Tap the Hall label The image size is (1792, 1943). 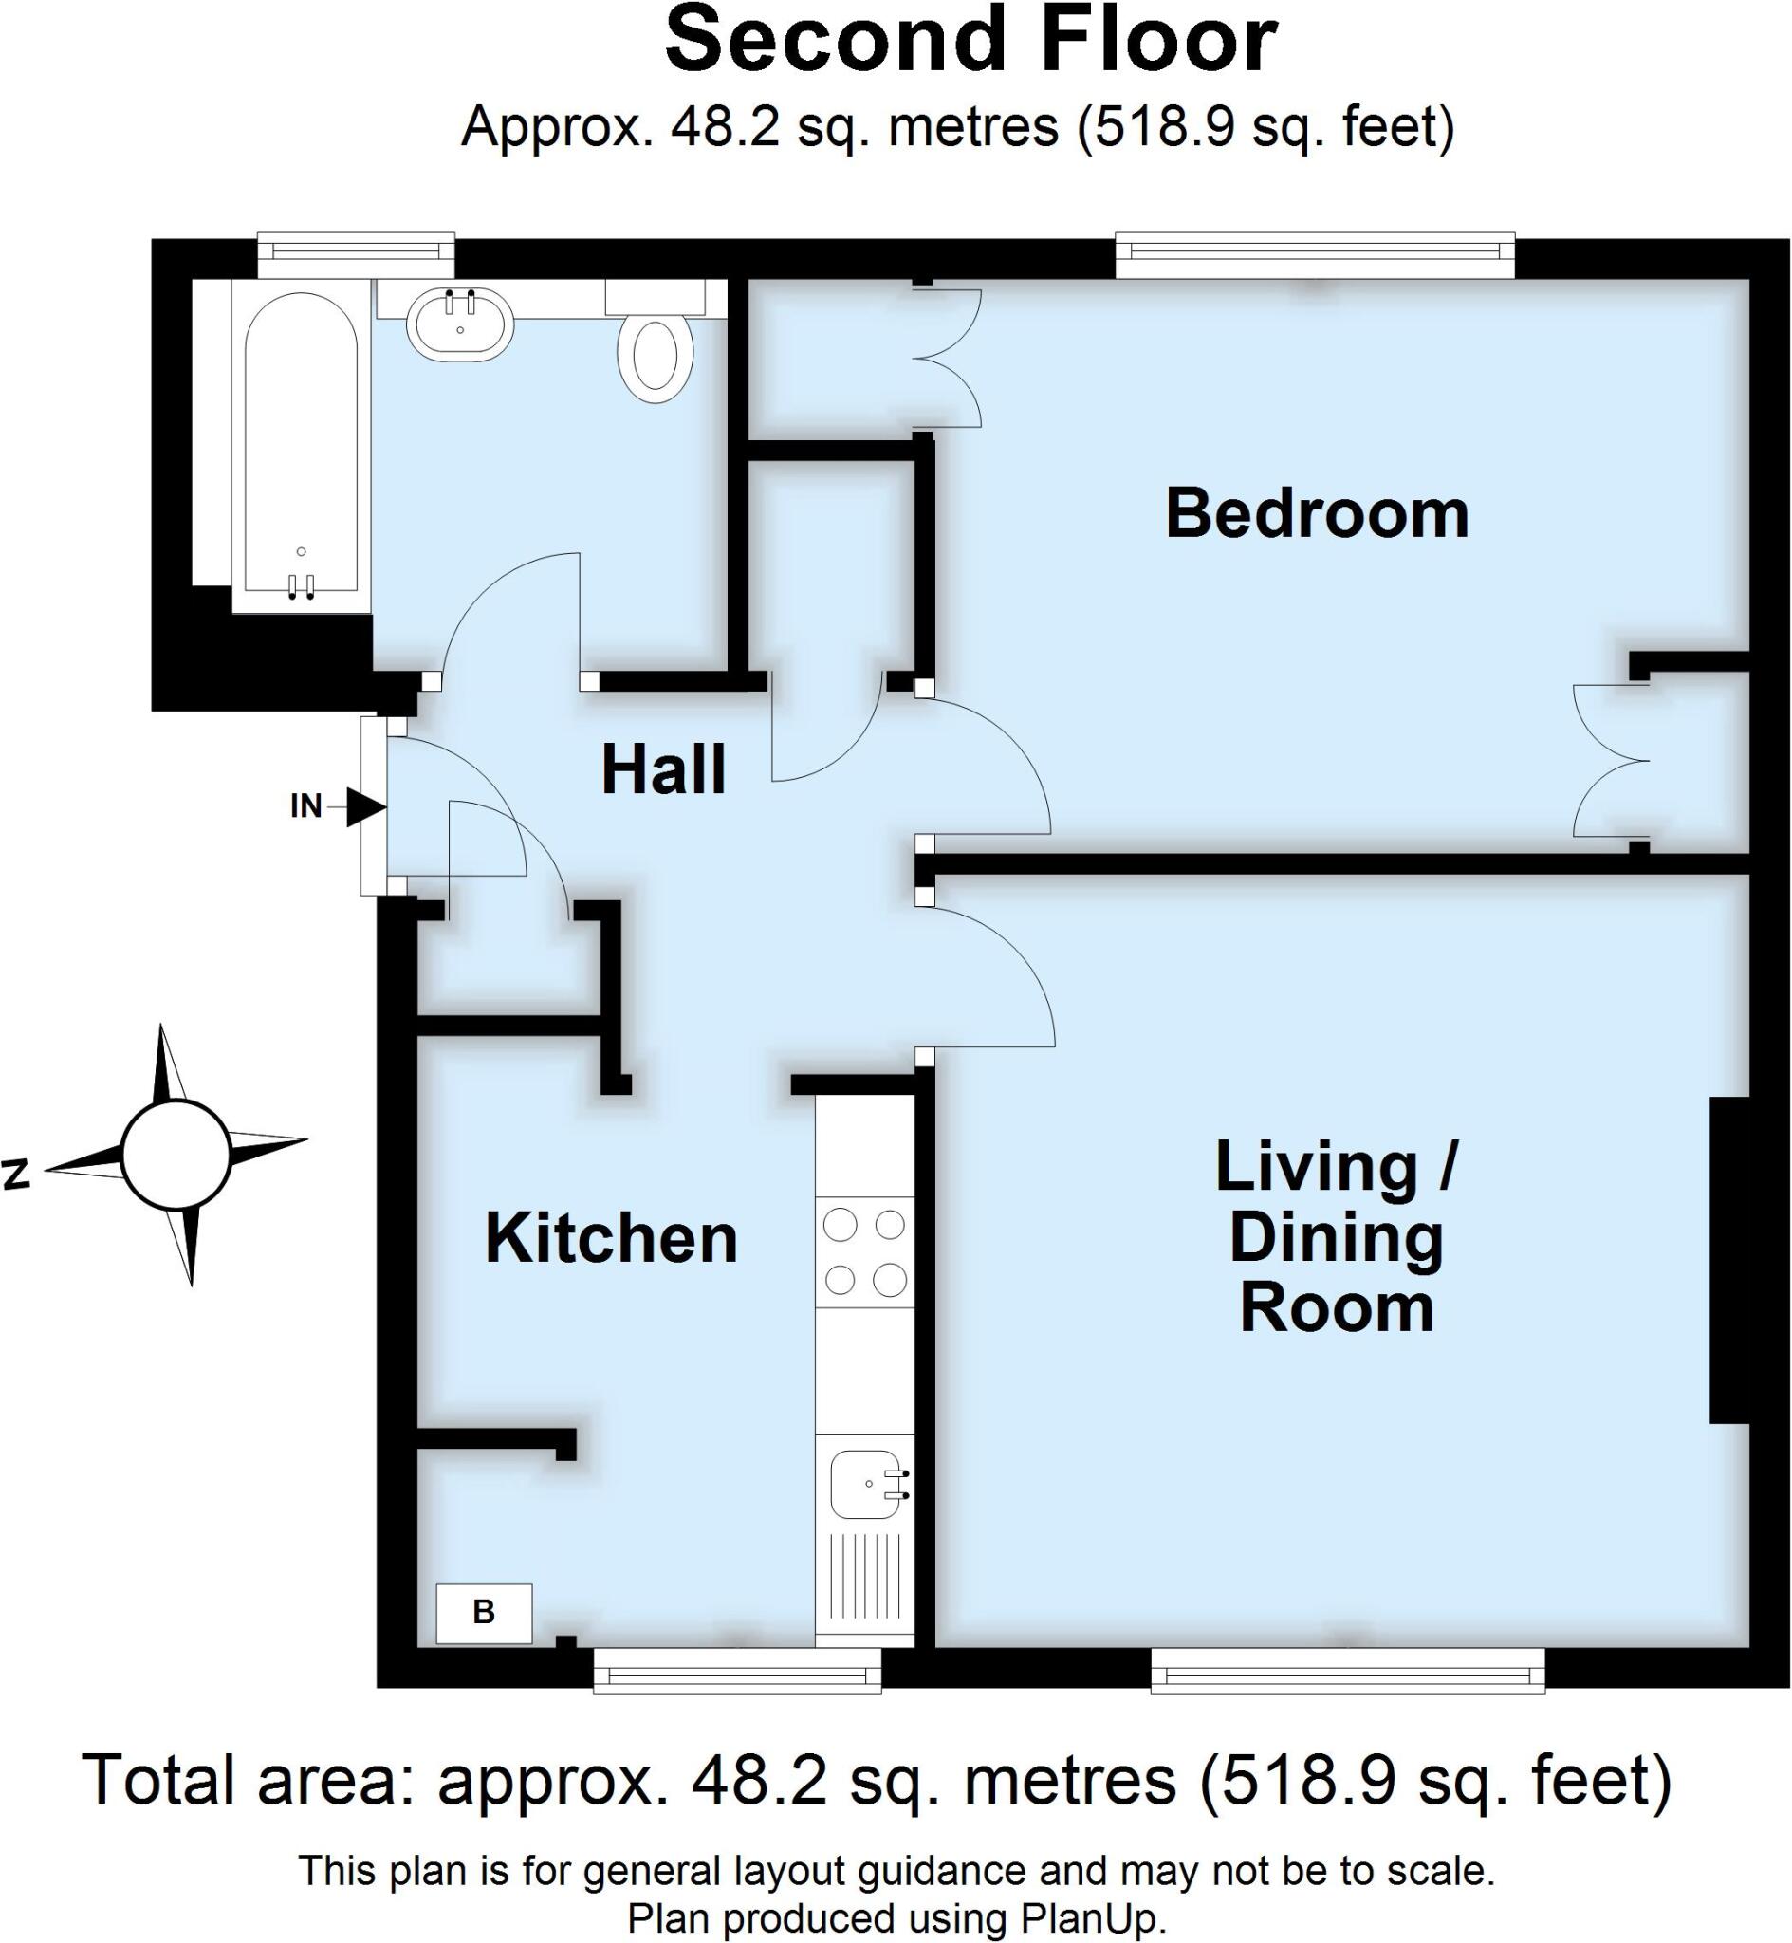(663, 769)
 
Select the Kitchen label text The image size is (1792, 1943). (611, 1238)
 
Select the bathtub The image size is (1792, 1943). (301, 446)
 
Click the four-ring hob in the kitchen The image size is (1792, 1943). (864, 1252)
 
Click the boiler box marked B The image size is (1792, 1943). (484, 1614)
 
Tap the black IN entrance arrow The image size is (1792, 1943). (366, 805)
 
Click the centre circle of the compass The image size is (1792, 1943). (176, 1155)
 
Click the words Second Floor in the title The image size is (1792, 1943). (970, 41)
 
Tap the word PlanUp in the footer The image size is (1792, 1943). (1091, 1917)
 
